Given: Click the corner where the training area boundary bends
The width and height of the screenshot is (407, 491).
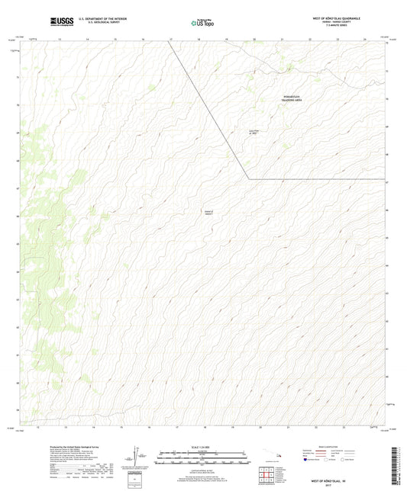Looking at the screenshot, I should pyautogui.click(x=247, y=179).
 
